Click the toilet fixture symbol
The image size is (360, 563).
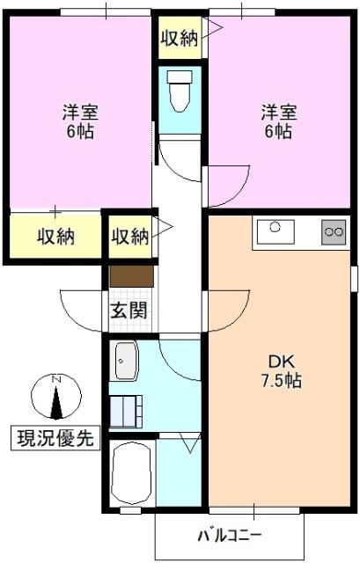click(x=180, y=92)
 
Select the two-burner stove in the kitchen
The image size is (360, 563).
click(x=334, y=232)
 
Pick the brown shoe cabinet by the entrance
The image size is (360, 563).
click(x=132, y=275)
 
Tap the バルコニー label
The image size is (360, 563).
click(x=229, y=535)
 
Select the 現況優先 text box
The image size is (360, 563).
click(x=55, y=436)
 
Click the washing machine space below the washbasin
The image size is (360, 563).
click(x=126, y=411)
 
